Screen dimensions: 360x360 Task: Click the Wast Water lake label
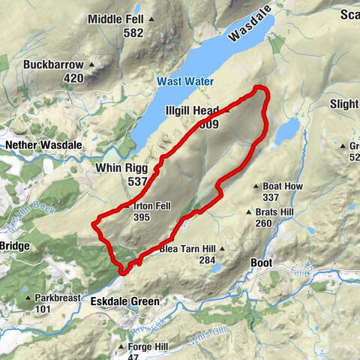[185, 81]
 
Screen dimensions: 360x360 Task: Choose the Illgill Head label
[191, 110]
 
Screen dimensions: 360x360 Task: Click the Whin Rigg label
[123, 168]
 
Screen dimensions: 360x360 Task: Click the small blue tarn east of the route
[286, 133]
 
